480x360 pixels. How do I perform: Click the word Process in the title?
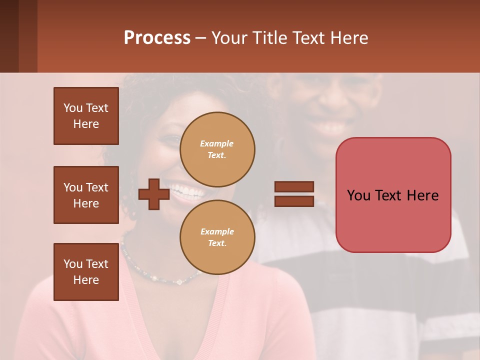pos(157,38)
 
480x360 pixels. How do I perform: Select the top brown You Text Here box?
pos(86,116)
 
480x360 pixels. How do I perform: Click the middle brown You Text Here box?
pos(86,195)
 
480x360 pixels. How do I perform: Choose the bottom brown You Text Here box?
pos(86,272)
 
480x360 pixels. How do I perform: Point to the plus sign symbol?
pos(154,194)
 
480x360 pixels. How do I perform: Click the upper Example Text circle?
pos(217,149)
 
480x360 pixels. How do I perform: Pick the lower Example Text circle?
pos(217,237)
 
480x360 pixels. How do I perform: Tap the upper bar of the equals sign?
pos(294,187)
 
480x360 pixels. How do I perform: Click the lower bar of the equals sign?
pos(294,201)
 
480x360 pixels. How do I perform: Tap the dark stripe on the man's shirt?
pos(380,280)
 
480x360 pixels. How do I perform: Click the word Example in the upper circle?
pos(216,144)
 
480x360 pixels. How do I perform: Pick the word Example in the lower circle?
pos(217,232)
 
